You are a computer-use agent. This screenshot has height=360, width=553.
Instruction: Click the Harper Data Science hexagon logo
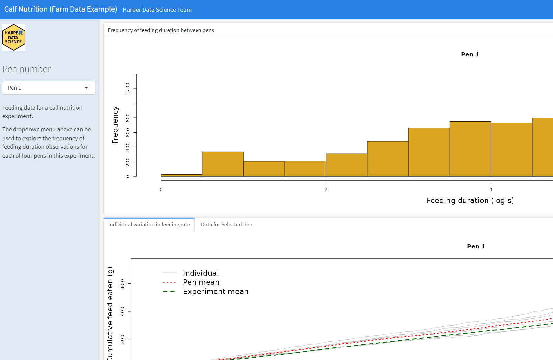pyautogui.click(x=13, y=37)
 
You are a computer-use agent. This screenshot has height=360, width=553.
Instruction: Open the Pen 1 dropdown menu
pyautogui.click(x=49, y=88)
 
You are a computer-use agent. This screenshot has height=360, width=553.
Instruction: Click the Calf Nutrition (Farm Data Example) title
pyautogui.click(x=61, y=9)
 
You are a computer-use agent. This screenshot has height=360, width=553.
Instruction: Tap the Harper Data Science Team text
pyautogui.click(x=157, y=10)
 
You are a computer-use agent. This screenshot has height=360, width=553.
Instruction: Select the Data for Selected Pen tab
pyautogui.click(x=226, y=224)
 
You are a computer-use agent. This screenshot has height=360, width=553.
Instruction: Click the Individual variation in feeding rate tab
pyautogui.click(x=149, y=224)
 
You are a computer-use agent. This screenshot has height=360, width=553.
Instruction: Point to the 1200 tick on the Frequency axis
pyautogui.click(x=128, y=89)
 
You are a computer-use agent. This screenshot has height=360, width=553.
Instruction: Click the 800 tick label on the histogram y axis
pyautogui.click(x=128, y=117)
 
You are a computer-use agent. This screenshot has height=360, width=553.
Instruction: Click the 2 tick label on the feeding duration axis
pyautogui.click(x=326, y=190)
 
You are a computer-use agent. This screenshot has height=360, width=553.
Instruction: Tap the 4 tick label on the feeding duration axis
pyautogui.click(x=491, y=190)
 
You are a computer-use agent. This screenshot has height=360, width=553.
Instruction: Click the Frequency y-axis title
pyautogui.click(x=115, y=125)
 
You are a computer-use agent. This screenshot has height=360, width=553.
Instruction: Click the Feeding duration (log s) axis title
pyautogui.click(x=470, y=200)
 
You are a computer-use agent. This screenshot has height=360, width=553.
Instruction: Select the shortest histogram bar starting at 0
pyautogui.click(x=181, y=175)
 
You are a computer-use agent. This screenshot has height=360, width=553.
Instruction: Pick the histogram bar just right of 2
pyautogui.click(x=347, y=165)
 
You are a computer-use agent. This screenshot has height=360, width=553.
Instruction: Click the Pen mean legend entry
pyautogui.click(x=201, y=282)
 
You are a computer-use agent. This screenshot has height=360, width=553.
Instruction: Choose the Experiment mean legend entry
pyautogui.click(x=215, y=291)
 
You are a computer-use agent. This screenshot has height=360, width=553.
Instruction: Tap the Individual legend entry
pyautogui.click(x=200, y=273)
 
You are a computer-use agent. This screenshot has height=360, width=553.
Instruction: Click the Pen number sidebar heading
pyautogui.click(x=27, y=69)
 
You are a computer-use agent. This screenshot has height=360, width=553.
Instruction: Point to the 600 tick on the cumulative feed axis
pyautogui.click(x=122, y=283)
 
